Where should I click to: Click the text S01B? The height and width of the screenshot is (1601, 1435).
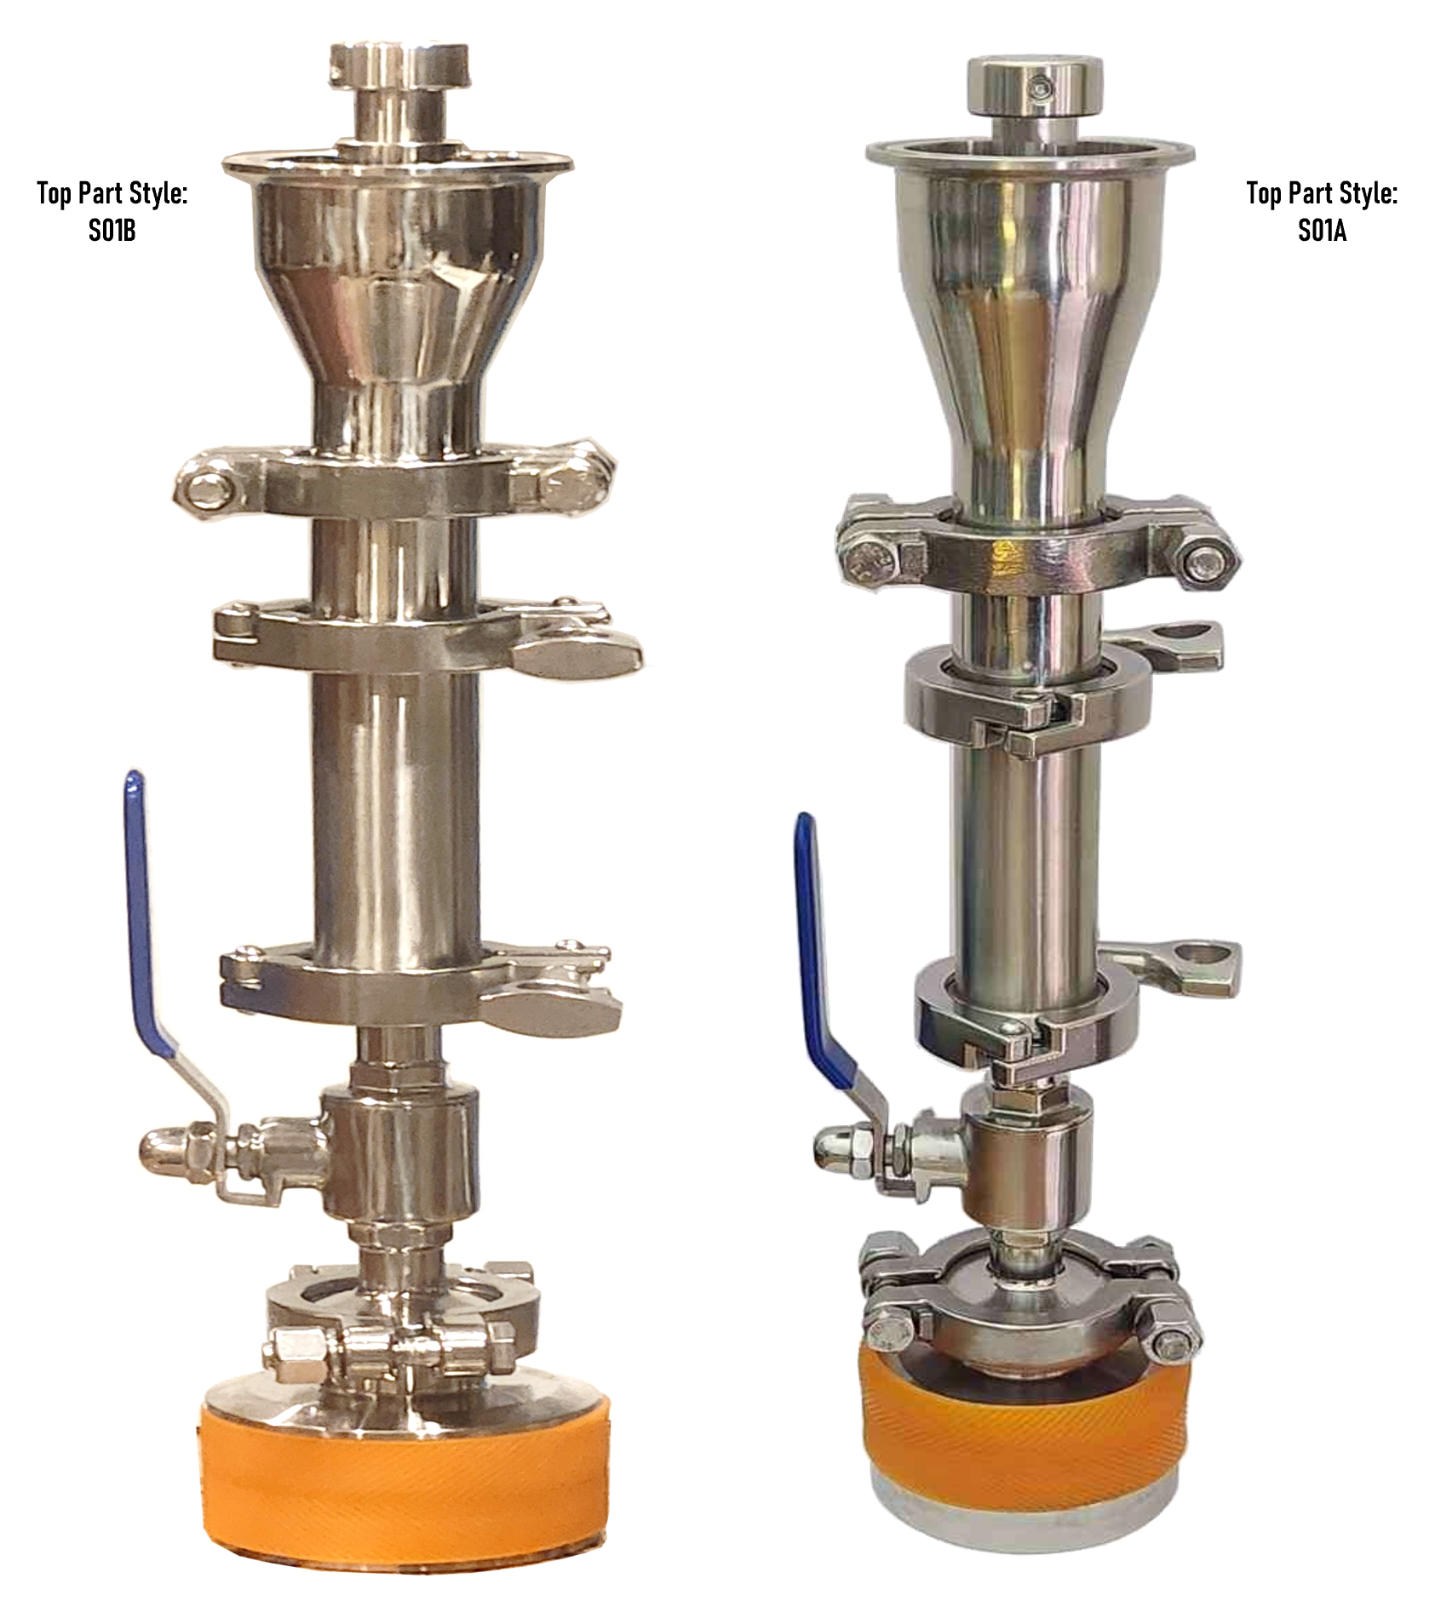tap(112, 232)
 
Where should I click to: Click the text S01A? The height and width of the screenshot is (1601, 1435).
tap(1322, 232)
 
